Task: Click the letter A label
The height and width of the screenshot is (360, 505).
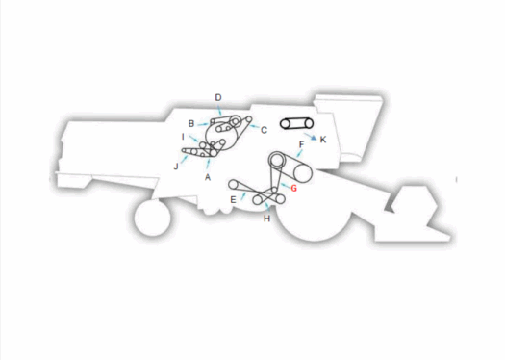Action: [208, 177]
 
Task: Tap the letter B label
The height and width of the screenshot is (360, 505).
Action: [191, 123]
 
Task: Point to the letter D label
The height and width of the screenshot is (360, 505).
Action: [218, 97]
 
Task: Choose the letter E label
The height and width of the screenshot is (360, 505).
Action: [233, 199]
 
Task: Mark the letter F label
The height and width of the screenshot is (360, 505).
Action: [302, 145]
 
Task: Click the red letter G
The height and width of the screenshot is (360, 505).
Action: [294, 188]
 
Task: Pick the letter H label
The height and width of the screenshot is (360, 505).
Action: [266, 219]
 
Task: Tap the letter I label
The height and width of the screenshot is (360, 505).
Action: [183, 137]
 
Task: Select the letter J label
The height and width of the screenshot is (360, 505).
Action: [176, 166]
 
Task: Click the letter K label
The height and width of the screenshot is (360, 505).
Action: [323, 141]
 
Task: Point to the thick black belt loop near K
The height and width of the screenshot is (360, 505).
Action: [293, 123]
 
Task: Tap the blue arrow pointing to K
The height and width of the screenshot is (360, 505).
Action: [311, 136]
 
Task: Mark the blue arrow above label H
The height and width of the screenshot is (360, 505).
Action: [265, 207]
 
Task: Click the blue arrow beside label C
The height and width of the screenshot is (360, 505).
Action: [253, 126]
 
